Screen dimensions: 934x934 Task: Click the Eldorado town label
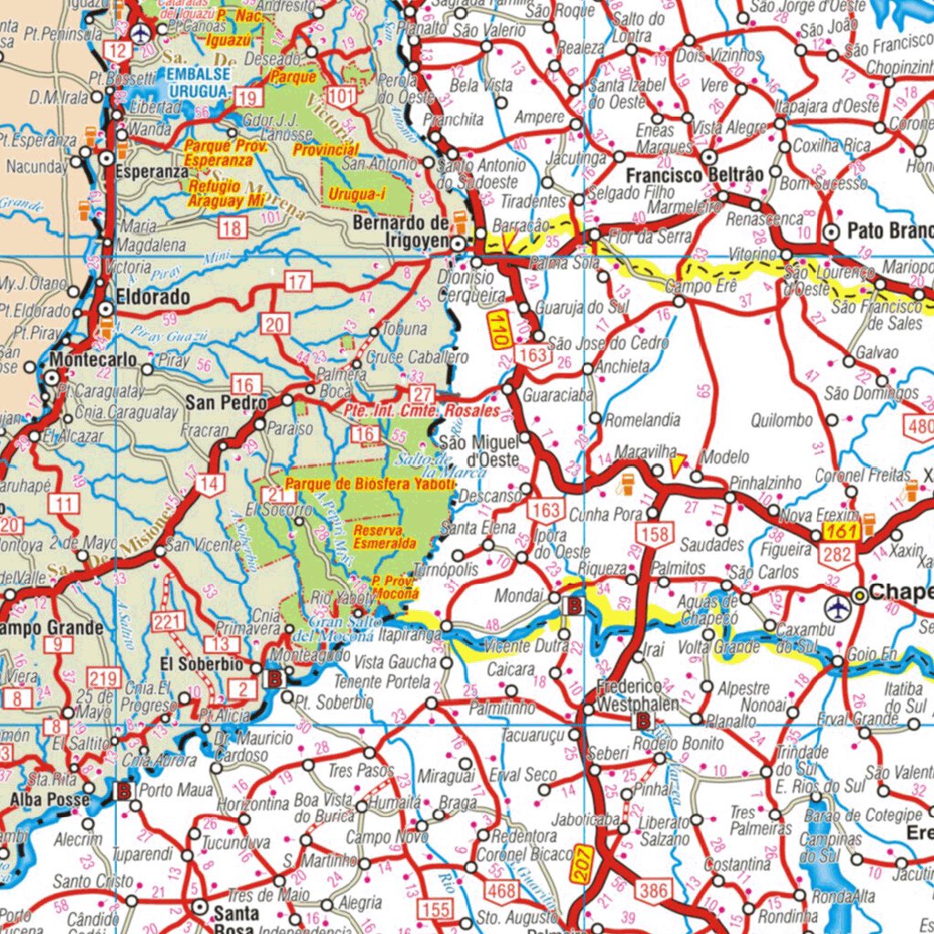click(x=153, y=297)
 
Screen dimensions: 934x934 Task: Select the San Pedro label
click(x=226, y=402)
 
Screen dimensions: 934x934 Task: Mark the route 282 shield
click(x=837, y=555)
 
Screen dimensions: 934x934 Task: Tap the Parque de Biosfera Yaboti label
click(x=368, y=483)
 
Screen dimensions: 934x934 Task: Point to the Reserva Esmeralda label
click(x=385, y=536)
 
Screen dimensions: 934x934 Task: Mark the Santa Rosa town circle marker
click(x=199, y=907)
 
